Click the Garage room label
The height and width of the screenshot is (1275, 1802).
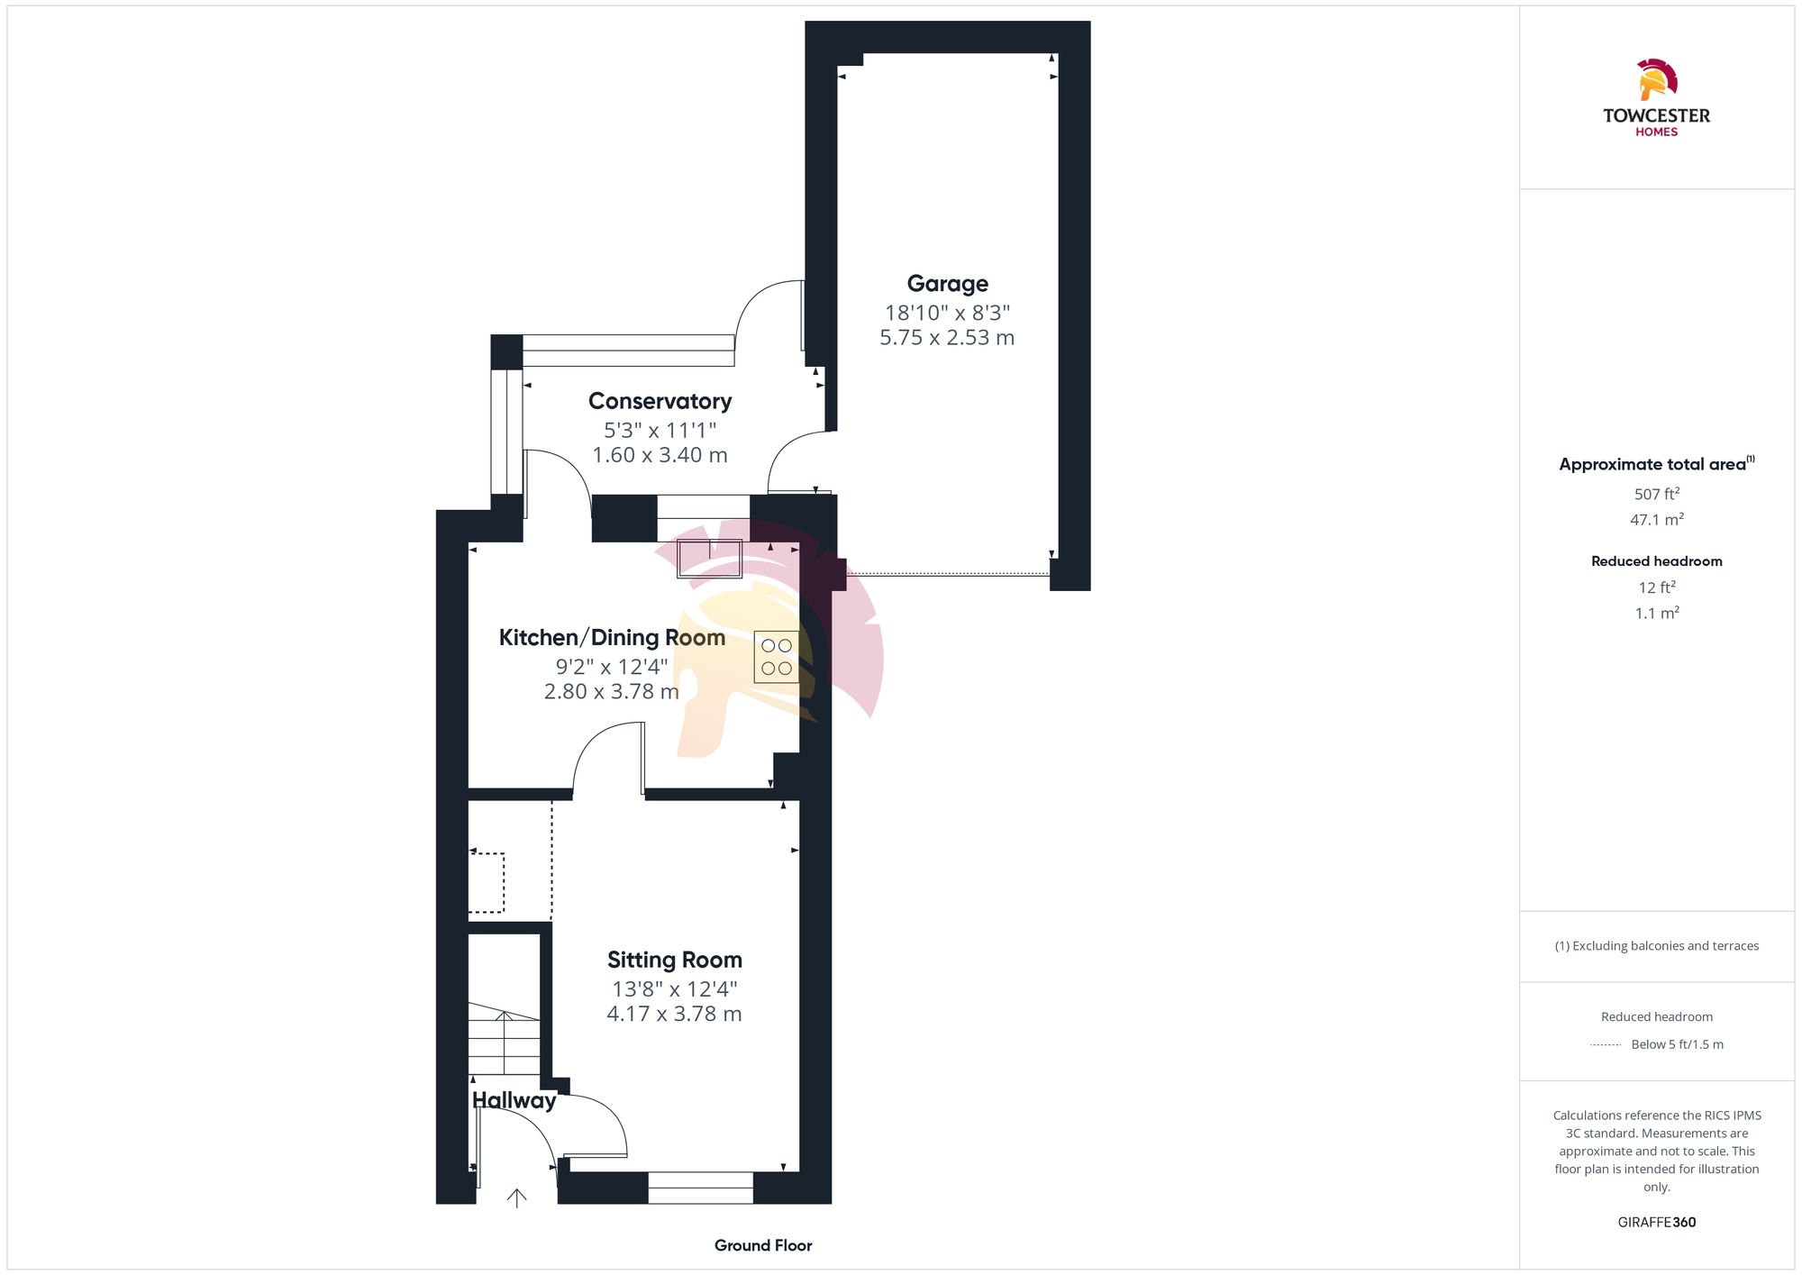pyautogui.click(x=947, y=284)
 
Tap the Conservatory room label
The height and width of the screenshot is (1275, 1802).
pyautogui.click(x=660, y=401)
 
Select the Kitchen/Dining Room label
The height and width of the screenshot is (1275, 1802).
pyautogui.click(x=612, y=637)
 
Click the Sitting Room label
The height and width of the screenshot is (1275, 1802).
pyautogui.click(x=674, y=960)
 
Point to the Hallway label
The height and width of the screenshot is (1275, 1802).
pyautogui.click(x=514, y=1100)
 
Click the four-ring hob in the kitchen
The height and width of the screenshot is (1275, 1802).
pyautogui.click(x=776, y=657)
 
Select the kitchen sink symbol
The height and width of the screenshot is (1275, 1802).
pyautogui.click(x=709, y=559)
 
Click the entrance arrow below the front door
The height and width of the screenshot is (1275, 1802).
pyautogui.click(x=516, y=1198)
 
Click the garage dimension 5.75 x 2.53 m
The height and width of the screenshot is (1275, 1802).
pyautogui.click(x=947, y=338)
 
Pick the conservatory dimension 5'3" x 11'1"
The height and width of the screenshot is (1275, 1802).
pyautogui.click(x=660, y=430)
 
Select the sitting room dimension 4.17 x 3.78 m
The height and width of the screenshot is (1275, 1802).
pyautogui.click(x=674, y=1014)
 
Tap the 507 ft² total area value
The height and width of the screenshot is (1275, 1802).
pyautogui.click(x=1656, y=494)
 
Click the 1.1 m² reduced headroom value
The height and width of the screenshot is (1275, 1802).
pyautogui.click(x=1656, y=613)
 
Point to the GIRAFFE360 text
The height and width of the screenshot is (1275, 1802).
pyautogui.click(x=1656, y=1222)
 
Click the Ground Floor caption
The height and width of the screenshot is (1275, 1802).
pyautogui.click(x=762, y=1245)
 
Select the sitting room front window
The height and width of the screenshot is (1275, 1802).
pyautogui.click(x=700, y=1188)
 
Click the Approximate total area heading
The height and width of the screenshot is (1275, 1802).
pyautogui.click(x=1652, y=464)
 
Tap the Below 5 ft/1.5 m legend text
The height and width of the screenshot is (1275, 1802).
pyautogui.click(x=1676, y=1044)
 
